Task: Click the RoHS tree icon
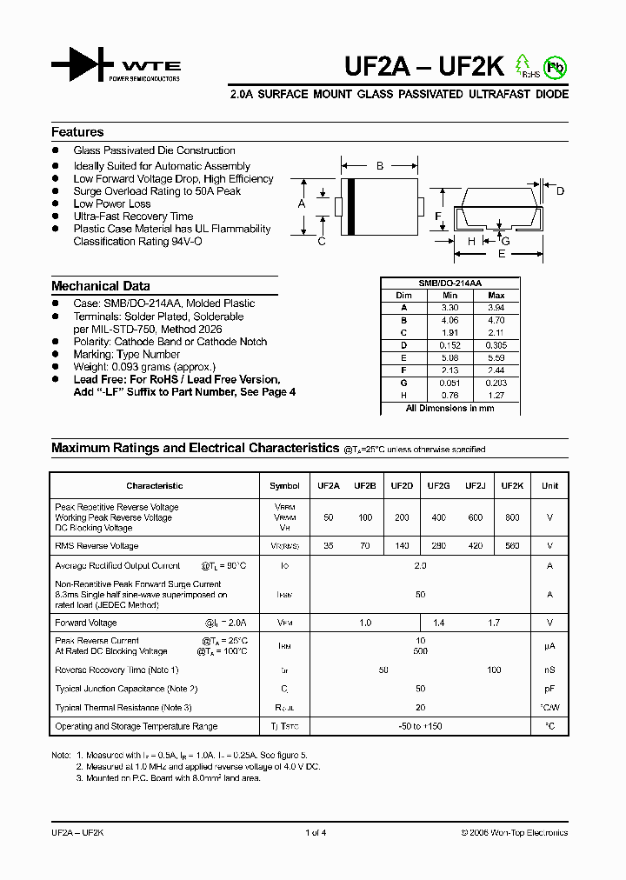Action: pyautogui.click(x=523, y=65)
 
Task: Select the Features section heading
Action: pyautogui.click(x=77, y=132)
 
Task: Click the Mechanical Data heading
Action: pyautogui.click(x=100, y=286)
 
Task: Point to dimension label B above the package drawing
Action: pyautogui.click(x=379, y=165)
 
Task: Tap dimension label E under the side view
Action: pyautogui.click(x=501, y=254)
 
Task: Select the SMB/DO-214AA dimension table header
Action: pyautogui.click(x=450, y=283)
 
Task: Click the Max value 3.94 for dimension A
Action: pyautogui.click(x=496, y=308)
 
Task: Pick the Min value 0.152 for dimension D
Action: pyautogui.click(x=450, y=343)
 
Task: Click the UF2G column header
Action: pyautogui.click(x=438, y=486)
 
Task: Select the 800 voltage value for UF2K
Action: pyautogui.click(x=512, y=517)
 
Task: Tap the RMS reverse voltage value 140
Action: pyautogui.click(x=402, y=546)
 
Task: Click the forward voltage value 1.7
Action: pyautogui.click(x=493, y=623)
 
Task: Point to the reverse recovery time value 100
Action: pyautogui.click(x=494, y=670)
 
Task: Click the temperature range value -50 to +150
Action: pyautogui.click(x=420, y=726)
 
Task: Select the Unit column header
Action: pyautogui.click(x=549, y=486)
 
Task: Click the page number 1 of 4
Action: pyautogui.click(x=316, y=833)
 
